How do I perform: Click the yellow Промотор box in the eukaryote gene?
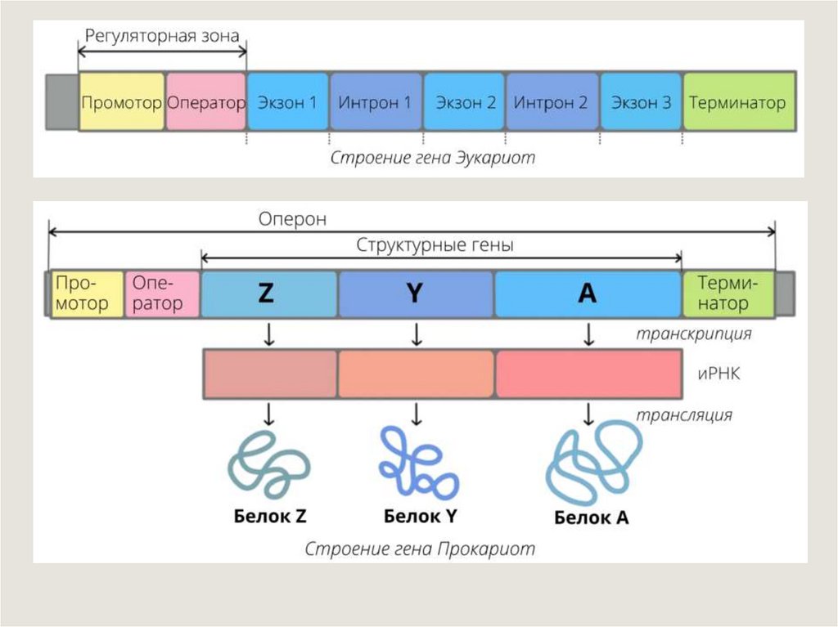click(121, 102)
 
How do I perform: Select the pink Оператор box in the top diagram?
click(205, 102)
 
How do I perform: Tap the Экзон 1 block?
click(287, 102)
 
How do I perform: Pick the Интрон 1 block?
click(376, 102)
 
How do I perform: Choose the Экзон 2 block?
click(465, 102)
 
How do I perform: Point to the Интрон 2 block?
click(552, 102)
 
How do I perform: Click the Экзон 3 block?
click(641, 102)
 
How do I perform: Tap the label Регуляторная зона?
click(162, 35)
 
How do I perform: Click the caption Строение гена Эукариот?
click(433, 157)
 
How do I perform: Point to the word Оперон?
click(292, 219)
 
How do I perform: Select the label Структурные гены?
click(435, 244)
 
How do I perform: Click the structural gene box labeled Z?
click(268, 294)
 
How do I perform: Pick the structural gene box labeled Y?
click(416, 294)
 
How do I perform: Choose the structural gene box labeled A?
click(588, 294)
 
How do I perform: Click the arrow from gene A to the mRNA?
click(588, 334)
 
